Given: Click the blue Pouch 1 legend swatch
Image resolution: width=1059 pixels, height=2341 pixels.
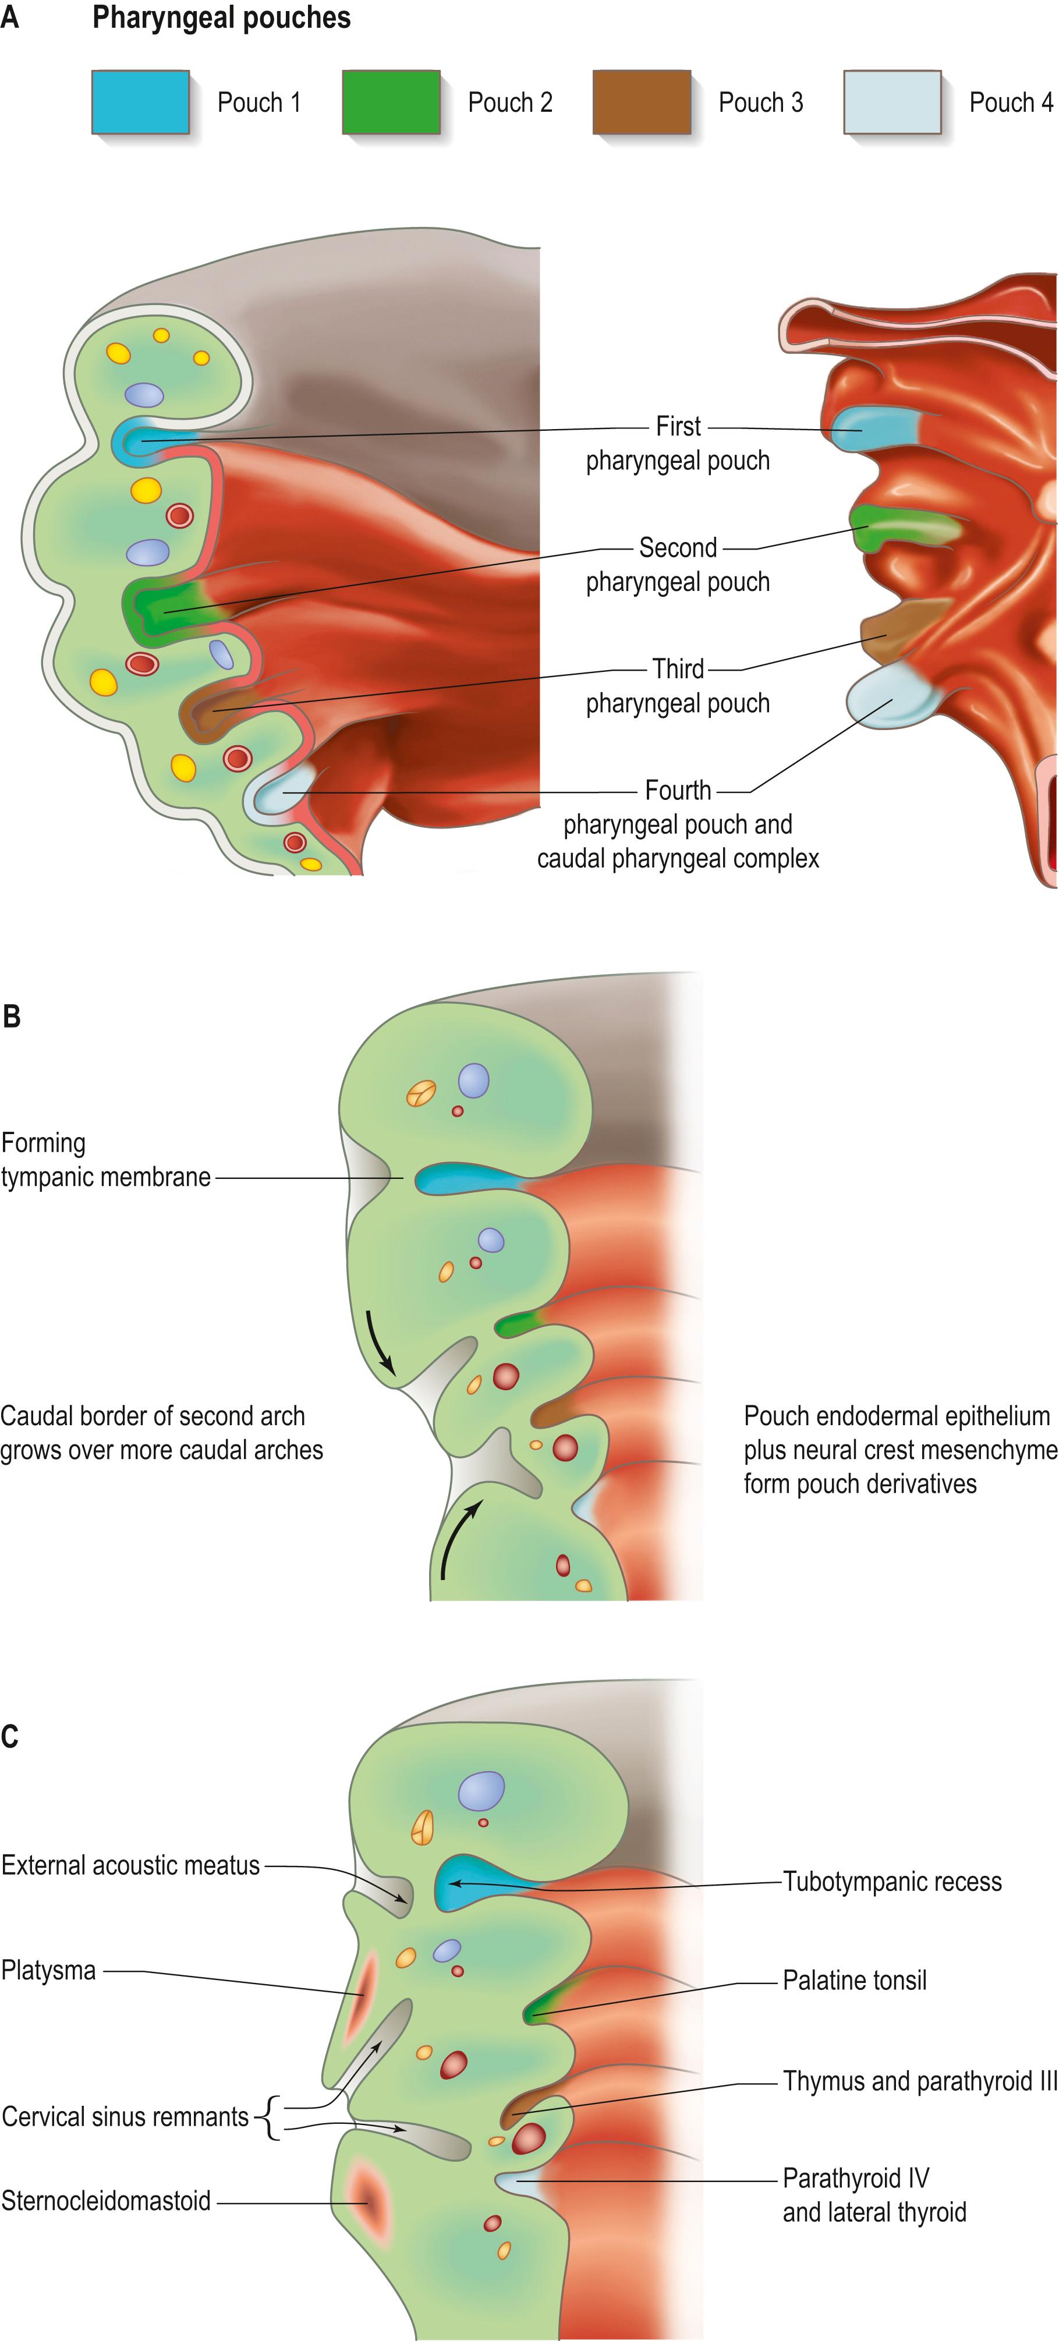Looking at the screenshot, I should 141,102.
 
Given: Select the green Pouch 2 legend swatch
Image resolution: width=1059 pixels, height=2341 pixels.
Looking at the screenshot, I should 391,102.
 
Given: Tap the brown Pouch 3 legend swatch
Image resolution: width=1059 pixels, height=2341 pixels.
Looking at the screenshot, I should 642,102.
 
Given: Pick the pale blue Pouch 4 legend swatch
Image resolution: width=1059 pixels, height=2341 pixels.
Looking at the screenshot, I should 892,102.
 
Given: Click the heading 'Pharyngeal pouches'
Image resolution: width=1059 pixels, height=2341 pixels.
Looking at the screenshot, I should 221,18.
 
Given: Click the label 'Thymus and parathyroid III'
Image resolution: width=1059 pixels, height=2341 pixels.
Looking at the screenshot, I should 920,2081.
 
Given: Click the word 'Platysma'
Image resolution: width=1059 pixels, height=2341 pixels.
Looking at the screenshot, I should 48,1970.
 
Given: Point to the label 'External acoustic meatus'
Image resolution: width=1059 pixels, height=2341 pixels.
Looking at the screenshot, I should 130,1865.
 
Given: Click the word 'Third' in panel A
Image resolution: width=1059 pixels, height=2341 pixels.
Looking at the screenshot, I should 678,669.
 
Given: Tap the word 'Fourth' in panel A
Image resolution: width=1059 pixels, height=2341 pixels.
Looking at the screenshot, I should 678,791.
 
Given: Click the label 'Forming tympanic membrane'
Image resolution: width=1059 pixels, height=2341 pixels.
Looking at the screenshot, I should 105,1160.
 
